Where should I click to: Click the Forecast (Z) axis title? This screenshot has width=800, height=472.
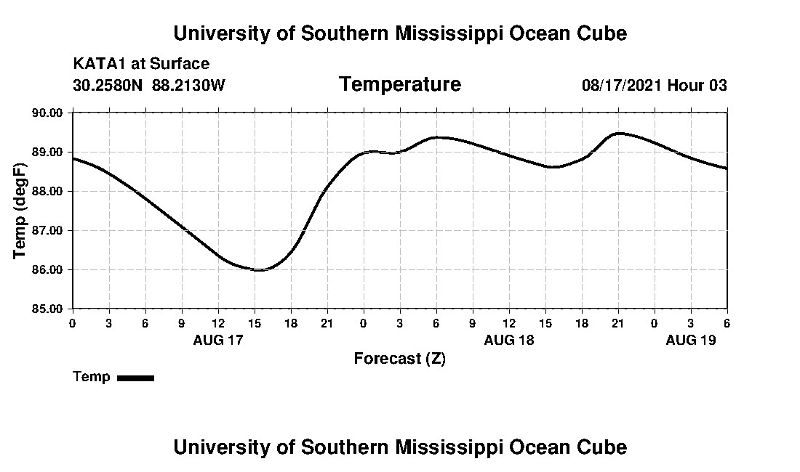(399, 359)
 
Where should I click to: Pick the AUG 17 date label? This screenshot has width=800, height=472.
(218, 340)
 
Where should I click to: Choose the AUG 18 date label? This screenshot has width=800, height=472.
(509, 340)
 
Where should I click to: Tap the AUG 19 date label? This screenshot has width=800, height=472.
(691, 340)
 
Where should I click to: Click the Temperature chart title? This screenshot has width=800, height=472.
(399, 85)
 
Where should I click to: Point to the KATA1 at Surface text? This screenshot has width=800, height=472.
(141, 65)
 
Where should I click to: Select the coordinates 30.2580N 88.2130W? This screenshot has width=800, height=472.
(149, 85)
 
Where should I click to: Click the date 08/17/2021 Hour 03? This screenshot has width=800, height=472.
(654, 85)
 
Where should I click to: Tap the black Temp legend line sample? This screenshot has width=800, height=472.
(135, 378)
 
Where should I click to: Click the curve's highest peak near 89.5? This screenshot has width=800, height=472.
(619, 133)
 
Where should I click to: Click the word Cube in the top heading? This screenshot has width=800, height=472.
(601, 33)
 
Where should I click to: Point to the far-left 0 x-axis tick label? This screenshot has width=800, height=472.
(72, 322)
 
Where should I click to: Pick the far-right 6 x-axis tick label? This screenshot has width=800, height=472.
(727, 322)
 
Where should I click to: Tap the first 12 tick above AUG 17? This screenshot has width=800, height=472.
(218, 322)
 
